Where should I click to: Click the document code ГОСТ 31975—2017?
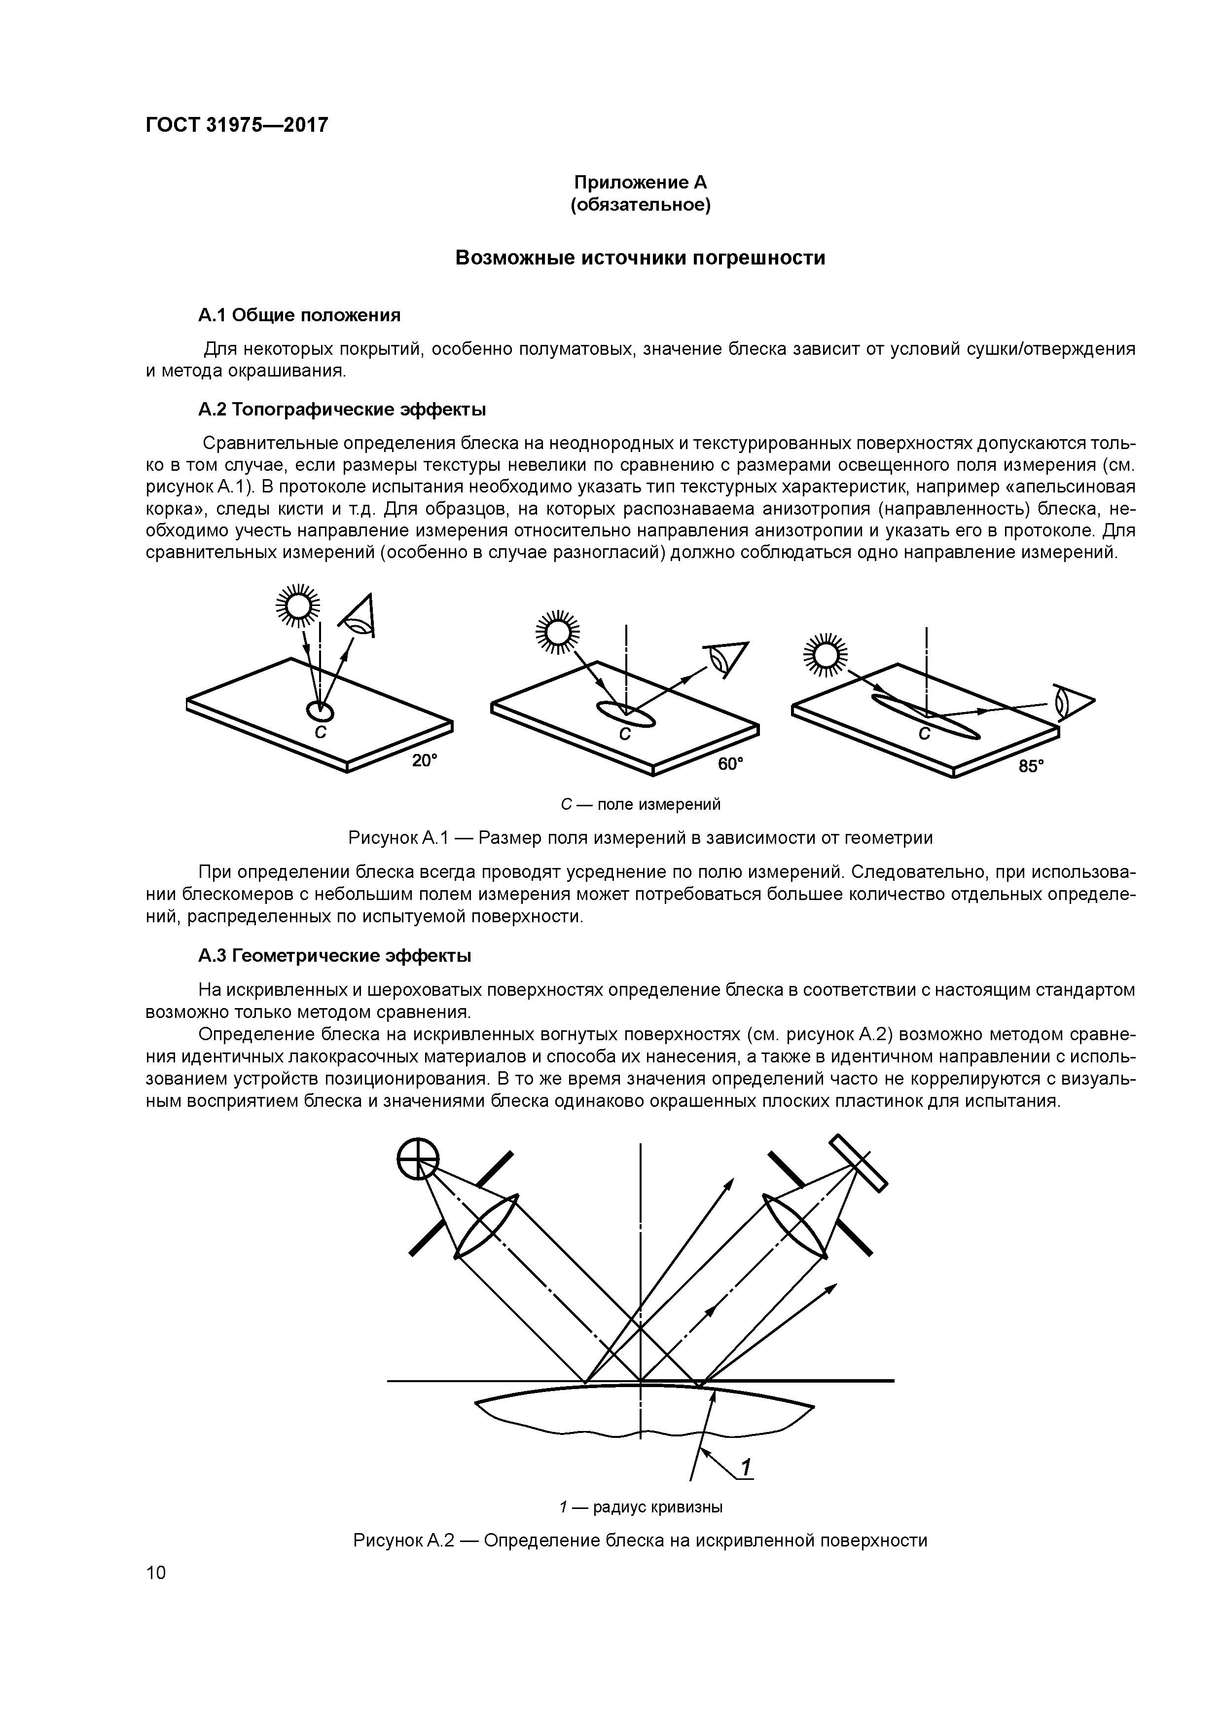237,124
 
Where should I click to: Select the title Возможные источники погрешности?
641,258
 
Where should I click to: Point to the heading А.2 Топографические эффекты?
341,410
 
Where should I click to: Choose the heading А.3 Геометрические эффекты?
334,956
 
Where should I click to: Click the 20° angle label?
424,761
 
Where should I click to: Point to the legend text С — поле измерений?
641,804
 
